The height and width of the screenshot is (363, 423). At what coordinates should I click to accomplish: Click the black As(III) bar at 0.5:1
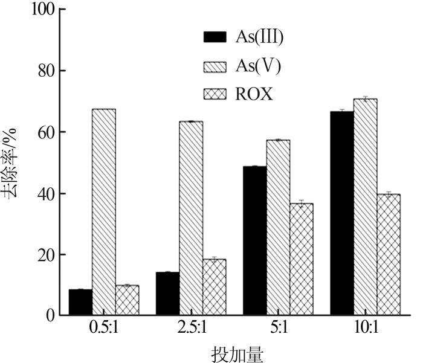(x=80, y=302)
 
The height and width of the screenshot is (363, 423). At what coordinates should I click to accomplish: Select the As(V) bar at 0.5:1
(x=104, y=211)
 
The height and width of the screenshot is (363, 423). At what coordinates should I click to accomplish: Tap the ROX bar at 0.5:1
(x=127, y=300)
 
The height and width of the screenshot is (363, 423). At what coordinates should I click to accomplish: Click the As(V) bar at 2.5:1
(x=191, y=217)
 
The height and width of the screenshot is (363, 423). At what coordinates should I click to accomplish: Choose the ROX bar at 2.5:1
(x=214, y=287)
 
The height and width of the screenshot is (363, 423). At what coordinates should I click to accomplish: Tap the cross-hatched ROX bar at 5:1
(x=301, y=259)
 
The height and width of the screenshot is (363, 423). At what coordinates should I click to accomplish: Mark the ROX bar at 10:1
(x=388, y=254)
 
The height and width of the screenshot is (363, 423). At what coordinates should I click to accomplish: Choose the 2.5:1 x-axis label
(x=191, y=329)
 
